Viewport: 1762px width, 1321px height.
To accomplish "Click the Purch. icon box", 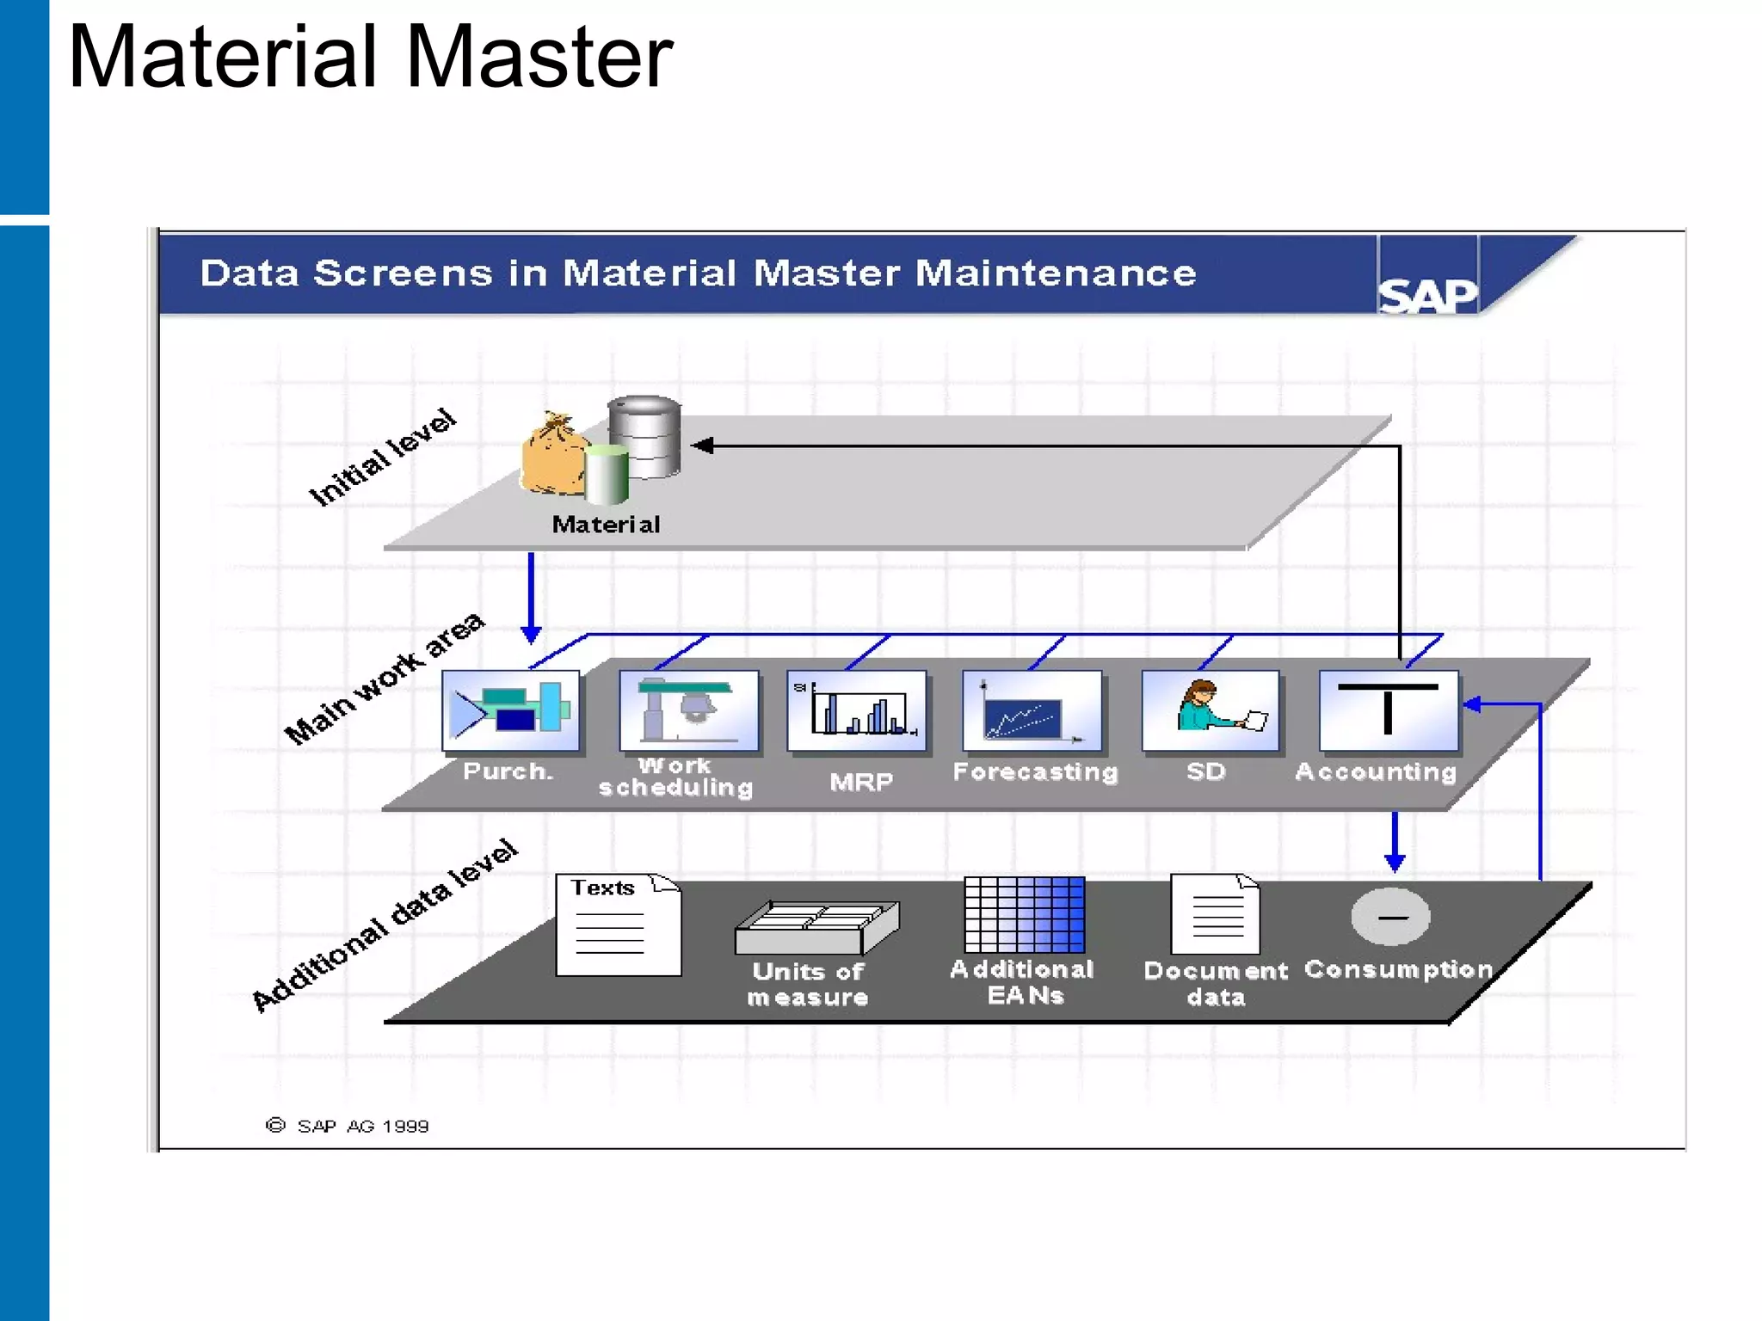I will (x=510, y=710).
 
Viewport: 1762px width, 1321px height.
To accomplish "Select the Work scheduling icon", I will (x=688, y=710).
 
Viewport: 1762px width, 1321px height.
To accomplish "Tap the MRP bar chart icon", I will (x=857, y=710).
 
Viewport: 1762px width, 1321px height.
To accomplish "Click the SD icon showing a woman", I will (x=1211, y=710).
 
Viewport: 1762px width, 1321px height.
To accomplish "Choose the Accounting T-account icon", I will (x=1388, y=710).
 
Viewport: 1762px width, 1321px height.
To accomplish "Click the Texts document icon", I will (x=618, y=925).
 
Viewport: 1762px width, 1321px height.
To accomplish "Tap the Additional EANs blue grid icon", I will (x=1024, y=914).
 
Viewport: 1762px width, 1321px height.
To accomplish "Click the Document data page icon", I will (x=1215, y=914).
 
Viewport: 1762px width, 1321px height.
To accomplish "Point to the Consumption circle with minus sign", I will (x=1390, y=917).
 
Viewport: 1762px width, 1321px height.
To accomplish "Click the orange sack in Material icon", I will (x=552, y=457).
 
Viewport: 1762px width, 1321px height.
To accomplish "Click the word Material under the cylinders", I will (x=606, y=525).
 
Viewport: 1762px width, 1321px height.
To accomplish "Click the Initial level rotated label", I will (x=382, y=458).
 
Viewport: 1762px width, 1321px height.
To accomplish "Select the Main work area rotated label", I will (x=385, y=679).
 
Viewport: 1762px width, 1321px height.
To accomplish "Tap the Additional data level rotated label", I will (x=385, y=925).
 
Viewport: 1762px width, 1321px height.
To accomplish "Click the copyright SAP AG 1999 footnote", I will (x=348, y=1126).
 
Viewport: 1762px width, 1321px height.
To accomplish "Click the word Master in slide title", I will (x=539, y=58).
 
